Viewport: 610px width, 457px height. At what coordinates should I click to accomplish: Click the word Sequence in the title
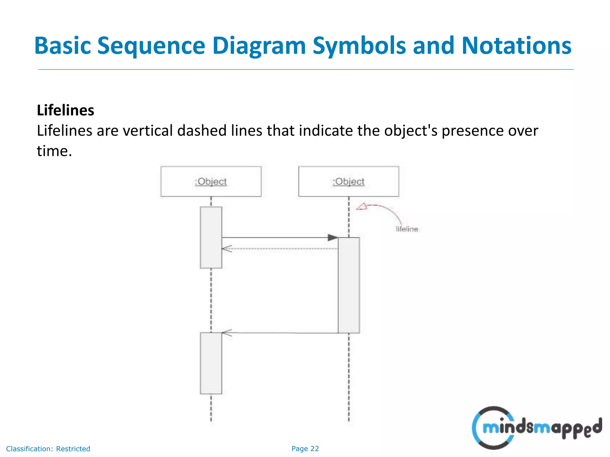point(151,46)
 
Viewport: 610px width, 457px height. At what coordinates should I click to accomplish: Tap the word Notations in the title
point(516,46)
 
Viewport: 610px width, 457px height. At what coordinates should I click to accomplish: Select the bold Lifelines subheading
point(66,110)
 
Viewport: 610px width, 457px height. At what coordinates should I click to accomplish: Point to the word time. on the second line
point(55,151)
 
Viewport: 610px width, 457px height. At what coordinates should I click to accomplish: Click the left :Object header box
point(211,181)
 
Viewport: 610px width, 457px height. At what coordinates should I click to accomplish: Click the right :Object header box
point(348,181)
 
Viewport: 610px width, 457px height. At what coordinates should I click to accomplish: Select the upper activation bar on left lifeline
point(211,237)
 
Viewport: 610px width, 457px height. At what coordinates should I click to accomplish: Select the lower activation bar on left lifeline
point(211,363)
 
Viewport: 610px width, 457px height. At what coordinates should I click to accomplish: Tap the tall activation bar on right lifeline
point(348,285)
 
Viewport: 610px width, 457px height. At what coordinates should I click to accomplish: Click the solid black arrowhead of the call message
point(333,237)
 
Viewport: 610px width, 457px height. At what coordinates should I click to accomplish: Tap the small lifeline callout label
point(407,229)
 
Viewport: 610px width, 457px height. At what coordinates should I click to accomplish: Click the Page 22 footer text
point(305,449)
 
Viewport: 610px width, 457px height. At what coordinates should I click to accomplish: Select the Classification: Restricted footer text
point(48,449)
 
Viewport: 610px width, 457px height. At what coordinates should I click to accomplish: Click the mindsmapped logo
point(536,428)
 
